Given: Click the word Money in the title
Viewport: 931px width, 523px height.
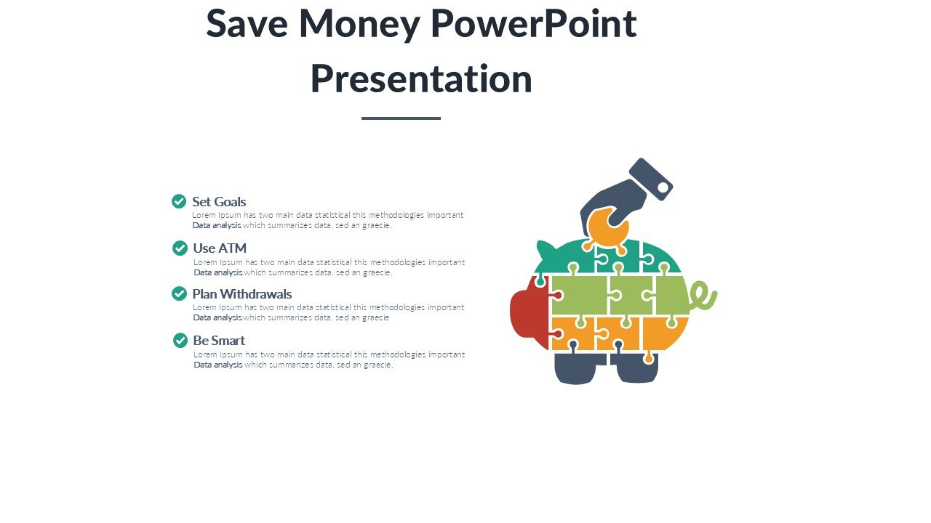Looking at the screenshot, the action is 359,25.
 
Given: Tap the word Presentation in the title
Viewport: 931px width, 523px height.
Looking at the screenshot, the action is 421,79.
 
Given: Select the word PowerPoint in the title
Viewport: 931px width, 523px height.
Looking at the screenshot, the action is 534,23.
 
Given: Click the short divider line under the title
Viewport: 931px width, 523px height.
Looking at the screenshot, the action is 401,118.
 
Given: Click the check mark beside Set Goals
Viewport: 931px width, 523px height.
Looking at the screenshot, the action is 179,201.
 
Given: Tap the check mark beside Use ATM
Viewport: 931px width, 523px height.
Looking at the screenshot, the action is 180,248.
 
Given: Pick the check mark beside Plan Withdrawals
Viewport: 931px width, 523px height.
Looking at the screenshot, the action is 179,293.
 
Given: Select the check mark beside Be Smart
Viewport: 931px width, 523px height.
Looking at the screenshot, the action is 180,341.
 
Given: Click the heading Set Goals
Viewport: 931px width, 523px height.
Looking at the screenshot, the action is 219,202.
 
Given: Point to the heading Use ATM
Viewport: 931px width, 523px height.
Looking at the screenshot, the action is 220,248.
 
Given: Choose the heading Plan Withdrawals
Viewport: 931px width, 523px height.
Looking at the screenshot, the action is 242,294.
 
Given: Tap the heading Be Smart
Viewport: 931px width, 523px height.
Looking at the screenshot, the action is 219,341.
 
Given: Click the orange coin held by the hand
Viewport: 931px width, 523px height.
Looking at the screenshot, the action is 607,227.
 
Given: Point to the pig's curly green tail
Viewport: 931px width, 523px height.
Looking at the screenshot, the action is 703,296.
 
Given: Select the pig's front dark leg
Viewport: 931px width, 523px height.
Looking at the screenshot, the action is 575,368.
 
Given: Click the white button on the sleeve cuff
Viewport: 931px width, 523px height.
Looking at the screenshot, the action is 663,188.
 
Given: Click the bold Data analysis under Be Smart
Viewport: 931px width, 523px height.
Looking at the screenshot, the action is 217,365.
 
